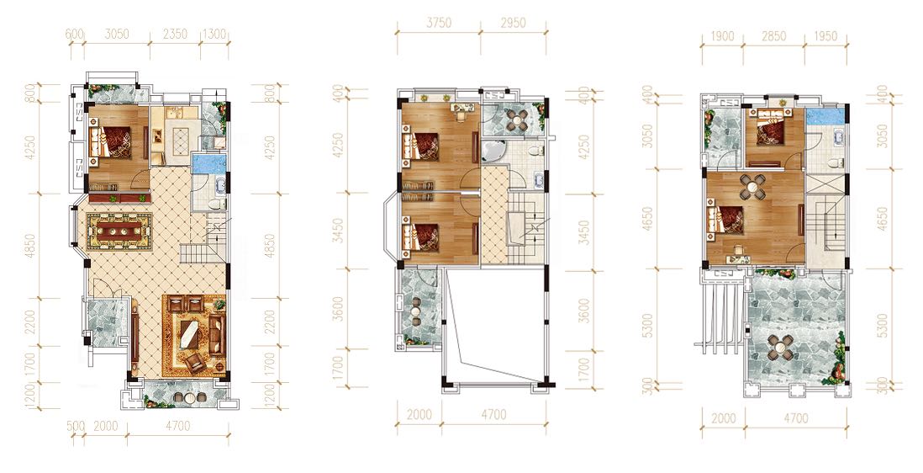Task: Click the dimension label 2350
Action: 174,35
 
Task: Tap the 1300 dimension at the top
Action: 214,35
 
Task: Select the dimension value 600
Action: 74,35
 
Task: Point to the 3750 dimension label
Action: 439,23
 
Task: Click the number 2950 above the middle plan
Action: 513,23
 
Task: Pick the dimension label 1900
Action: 722,36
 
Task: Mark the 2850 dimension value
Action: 773,36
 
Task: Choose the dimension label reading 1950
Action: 825,36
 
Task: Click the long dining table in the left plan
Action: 116,231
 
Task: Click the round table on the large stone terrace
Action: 778,348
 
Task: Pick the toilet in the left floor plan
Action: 217,205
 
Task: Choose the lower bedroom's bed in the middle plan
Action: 421,235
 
